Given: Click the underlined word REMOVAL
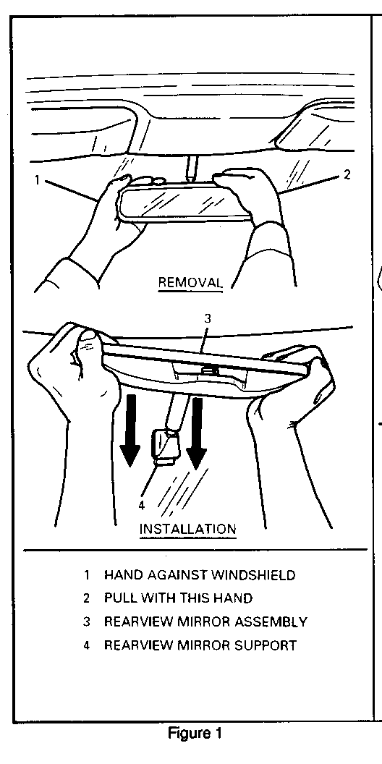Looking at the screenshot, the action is click(190, 283).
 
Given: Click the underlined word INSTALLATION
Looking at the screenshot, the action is click(188, 529).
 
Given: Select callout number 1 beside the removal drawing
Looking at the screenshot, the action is click(37, 180).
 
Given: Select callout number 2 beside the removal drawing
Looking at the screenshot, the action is click(347, 174).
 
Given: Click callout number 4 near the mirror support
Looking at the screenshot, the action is click(141, 505).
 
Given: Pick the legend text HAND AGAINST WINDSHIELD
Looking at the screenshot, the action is click(200, 575).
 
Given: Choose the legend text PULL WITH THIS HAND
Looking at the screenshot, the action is click(178, 598).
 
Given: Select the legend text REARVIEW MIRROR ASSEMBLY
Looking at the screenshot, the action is click(205, 621).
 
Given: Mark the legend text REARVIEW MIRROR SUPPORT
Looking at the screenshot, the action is click(200, 645).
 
